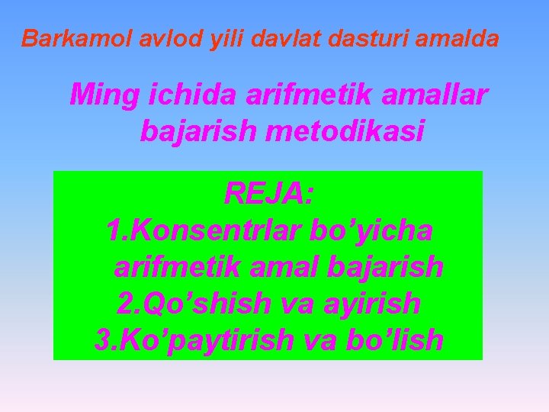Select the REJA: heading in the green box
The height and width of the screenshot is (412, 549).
(268, 194)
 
